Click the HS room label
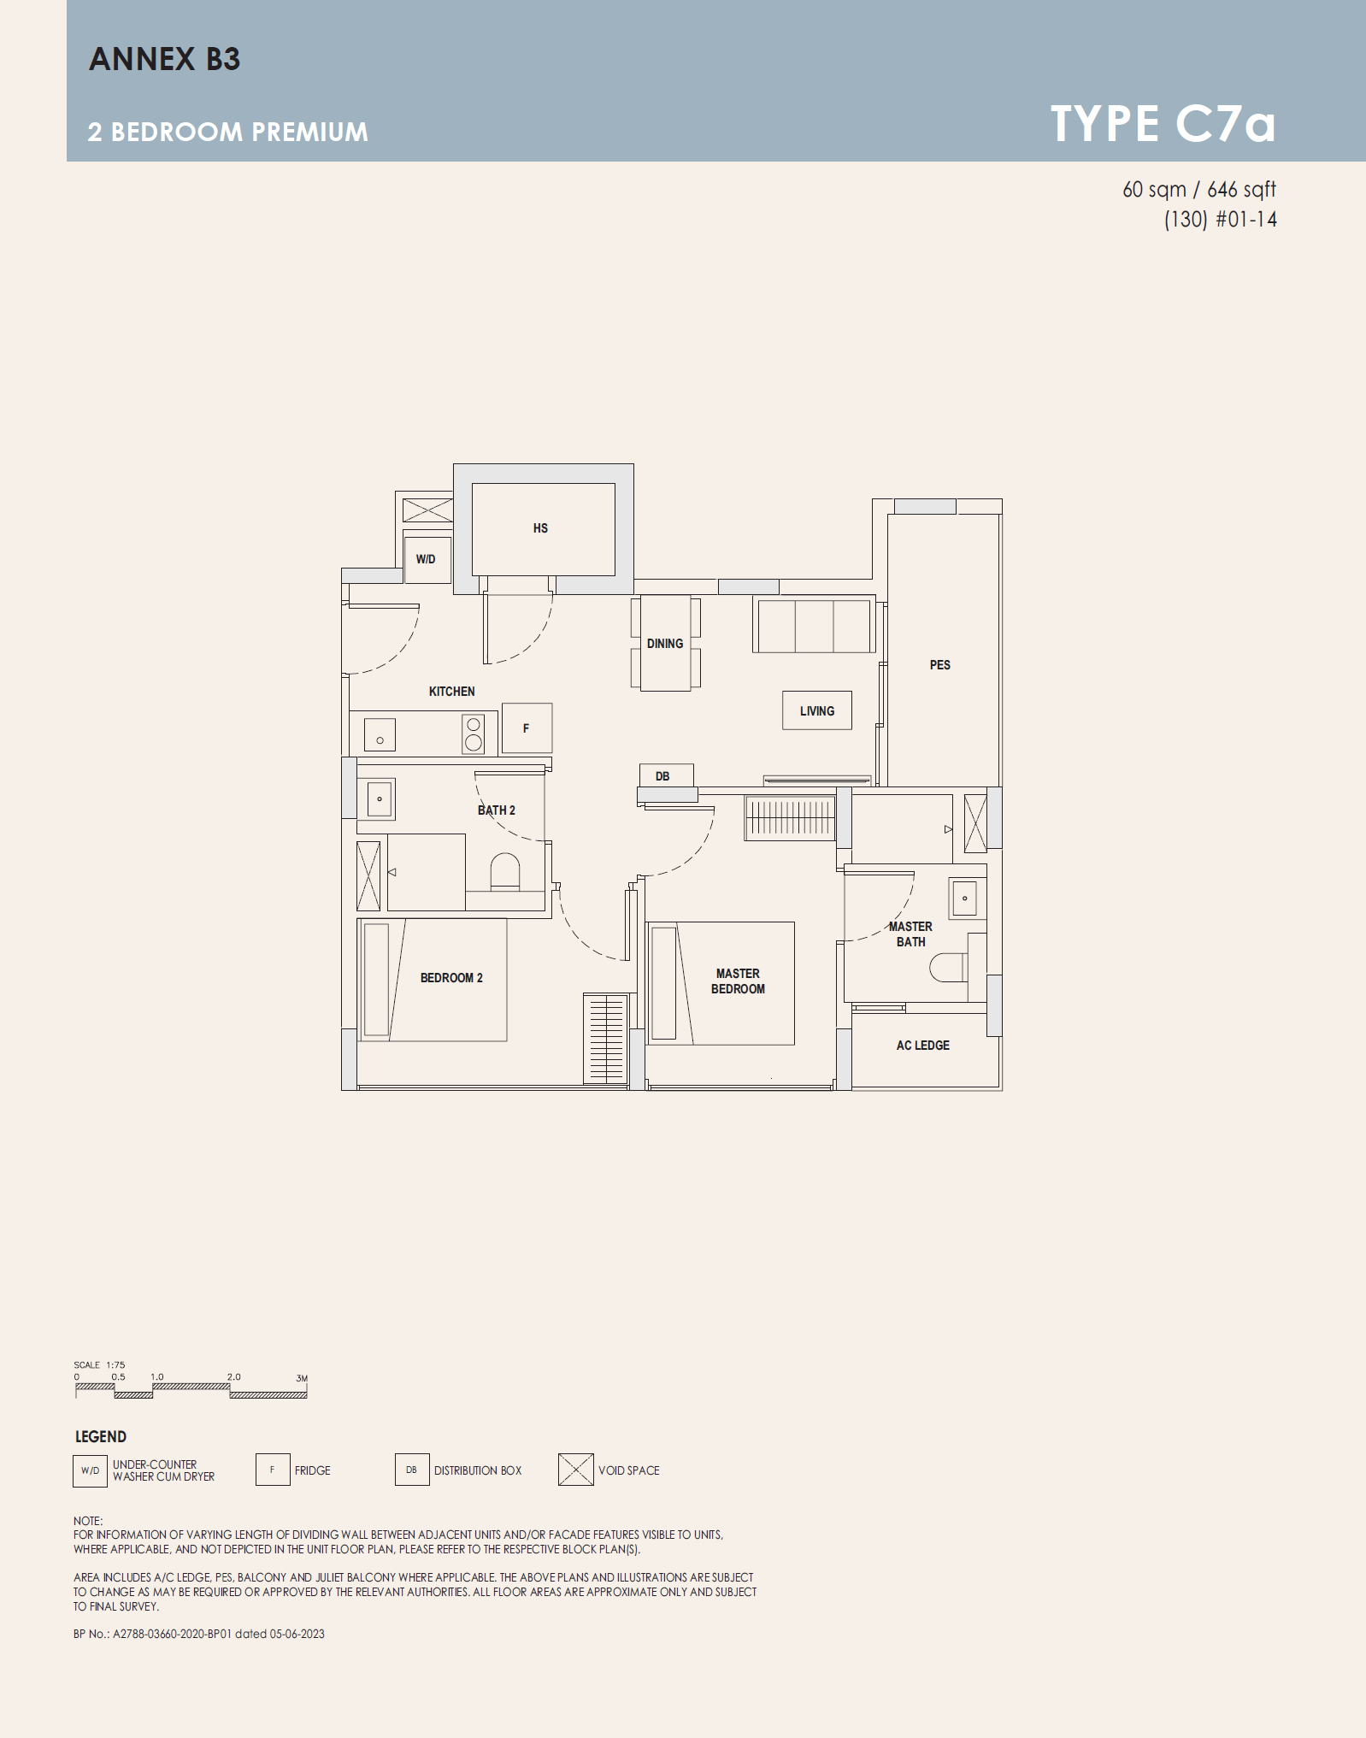click(540, 528)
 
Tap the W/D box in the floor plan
click(427, 559)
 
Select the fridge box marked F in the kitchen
click(527, 728)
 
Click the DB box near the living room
click(666, 775)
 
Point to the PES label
click(939, 665)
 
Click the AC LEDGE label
click(922, 1046)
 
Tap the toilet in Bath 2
click(505, 872)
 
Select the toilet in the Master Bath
click(948, 968)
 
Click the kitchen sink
click(380, 735)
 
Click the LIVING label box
click(817, 710)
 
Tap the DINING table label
click(665, 644)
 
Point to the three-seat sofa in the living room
click(814, 626)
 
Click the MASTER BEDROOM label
click(738, 981)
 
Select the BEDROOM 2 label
click(451, 978)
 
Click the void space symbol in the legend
click(575, 1470)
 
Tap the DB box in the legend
click(412, 1470)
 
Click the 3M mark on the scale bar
click(302, 1378)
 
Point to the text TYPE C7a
click(1163, 124)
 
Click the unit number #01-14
click(1246, 220)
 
